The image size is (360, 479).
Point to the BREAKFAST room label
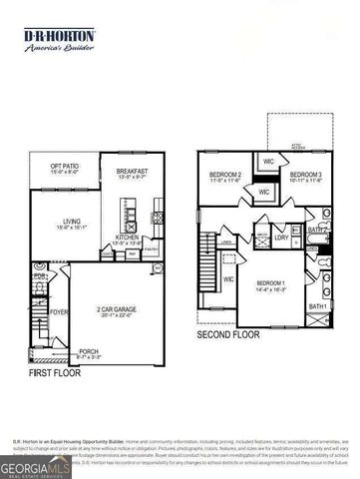tap(132, 172)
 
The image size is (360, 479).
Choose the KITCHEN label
tap(127, 238)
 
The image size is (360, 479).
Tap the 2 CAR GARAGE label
tap(118, 310)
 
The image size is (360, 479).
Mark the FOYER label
tap(59, 310)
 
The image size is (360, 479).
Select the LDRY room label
tap(282, 238)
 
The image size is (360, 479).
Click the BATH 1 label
tap(317, 305)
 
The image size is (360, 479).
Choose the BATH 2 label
tap(317, 231)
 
